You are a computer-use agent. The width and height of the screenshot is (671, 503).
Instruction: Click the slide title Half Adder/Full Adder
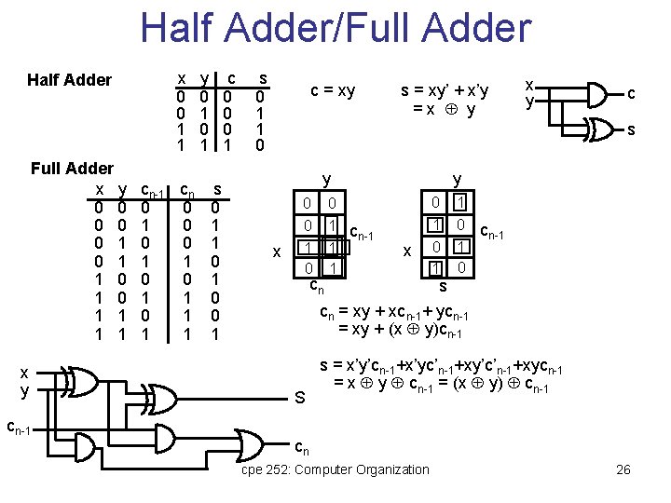click(x=335, y=28)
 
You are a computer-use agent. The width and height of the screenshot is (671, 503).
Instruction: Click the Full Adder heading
click(x=72, y=169)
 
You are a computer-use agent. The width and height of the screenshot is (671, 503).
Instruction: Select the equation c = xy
click(x=333, y=90)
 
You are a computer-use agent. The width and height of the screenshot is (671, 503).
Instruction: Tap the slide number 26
click(x=623, y=469)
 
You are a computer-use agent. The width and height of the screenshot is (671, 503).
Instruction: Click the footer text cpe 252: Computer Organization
click(x=335, y=469)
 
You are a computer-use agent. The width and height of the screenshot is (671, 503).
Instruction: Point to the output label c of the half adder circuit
click(x=631, y=93)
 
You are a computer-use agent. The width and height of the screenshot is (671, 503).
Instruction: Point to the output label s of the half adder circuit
click(x=631, y=130)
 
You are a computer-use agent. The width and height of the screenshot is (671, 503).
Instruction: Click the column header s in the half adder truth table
click(x=263, y=78)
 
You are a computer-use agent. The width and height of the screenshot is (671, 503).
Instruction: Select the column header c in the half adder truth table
click(x=230, y=78)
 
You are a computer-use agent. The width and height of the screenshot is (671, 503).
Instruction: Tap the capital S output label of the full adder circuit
click(x=301, y=399)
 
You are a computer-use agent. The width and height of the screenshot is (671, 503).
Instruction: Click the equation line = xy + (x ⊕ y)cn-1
click(x=399, y=332)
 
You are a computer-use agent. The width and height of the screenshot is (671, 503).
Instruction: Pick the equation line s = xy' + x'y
click(x=445, y=90)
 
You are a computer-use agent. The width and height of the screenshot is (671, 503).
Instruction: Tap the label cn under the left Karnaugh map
click(x=317, y=286)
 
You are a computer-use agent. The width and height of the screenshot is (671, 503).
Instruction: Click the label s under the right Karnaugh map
click(x=444, y=284)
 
